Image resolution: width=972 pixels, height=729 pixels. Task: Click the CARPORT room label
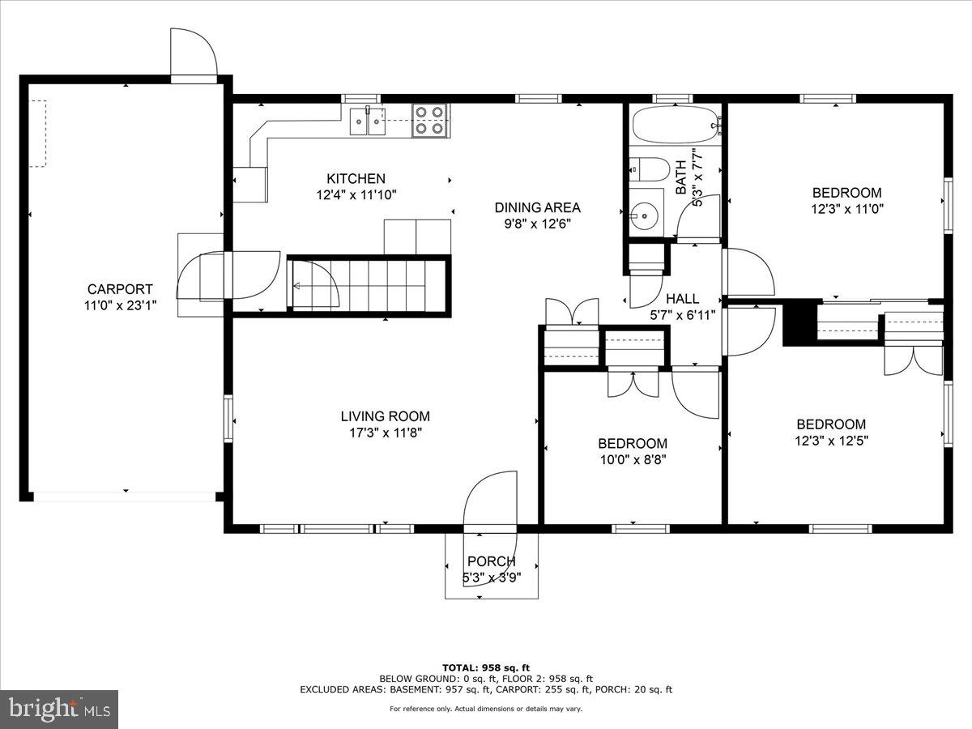pyautogui.click(x=120, y=289)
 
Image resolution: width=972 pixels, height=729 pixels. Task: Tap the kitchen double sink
pyautogui.click(x=369, y=122)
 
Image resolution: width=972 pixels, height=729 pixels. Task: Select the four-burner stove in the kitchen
pyautogui.click(x=430, y=121)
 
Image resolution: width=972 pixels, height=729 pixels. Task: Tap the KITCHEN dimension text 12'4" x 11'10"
pyautogui.click(x=356, y=194)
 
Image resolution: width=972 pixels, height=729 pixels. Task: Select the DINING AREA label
pyautogui.click(x=538, y=207)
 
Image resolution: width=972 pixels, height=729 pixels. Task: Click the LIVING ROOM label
pyautogui.click(x=385, y=416)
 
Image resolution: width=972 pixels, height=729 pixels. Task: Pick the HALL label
pyautogui.click(x=682, y=298)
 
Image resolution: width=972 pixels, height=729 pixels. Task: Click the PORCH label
pyautogui.click(x=491, y=561)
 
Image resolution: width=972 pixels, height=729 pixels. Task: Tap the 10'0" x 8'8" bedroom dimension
pyautogui.click(x=633, y=459)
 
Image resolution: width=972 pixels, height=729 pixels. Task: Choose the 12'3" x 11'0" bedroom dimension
pyautogui.click(x=846, y=208)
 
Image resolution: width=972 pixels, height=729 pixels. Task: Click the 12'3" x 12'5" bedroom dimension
pyautogui.click(x=831, y=441)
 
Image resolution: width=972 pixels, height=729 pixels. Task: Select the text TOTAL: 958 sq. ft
pyautogui.click(x=486, y=667)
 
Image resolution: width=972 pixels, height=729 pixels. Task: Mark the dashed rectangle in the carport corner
pyautogui.click(x=38, y=134)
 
